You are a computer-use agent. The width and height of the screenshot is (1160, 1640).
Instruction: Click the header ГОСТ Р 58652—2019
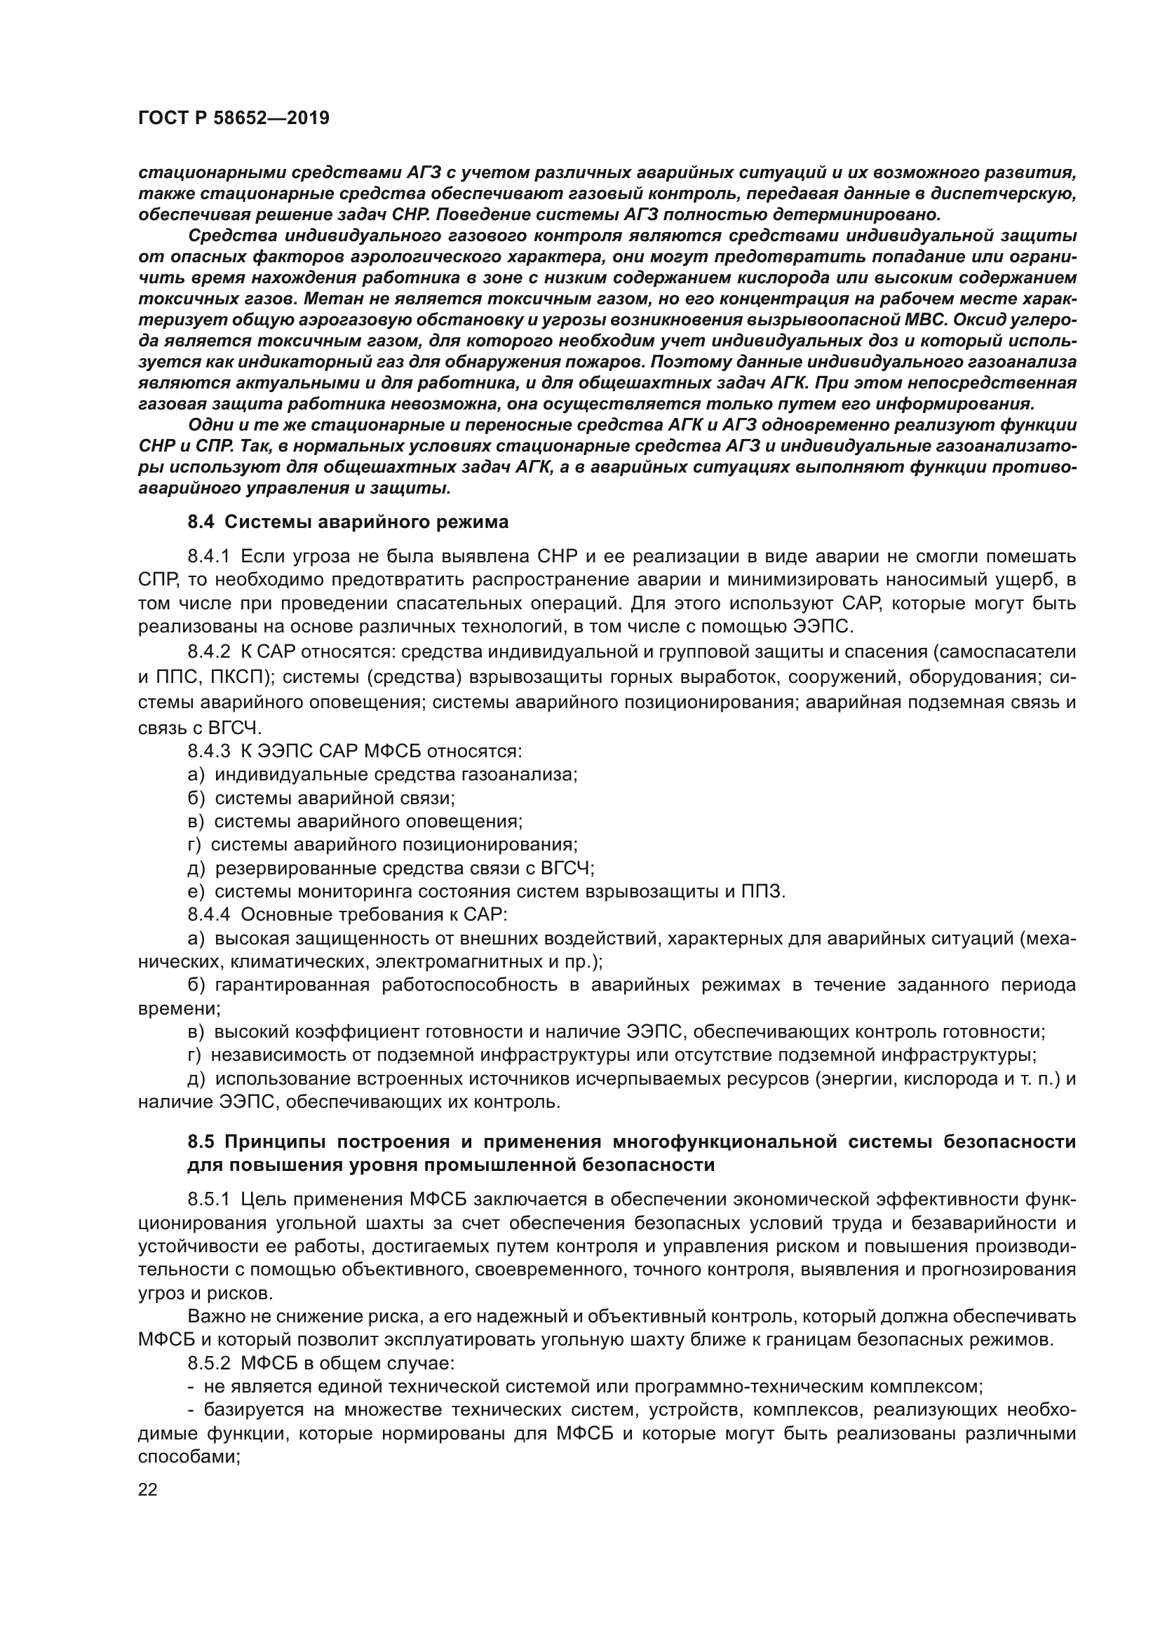234,118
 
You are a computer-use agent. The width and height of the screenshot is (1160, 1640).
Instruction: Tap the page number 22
148,1490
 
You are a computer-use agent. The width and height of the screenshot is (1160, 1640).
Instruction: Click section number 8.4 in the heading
201,522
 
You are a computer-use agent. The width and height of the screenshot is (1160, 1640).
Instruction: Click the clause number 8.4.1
208,557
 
